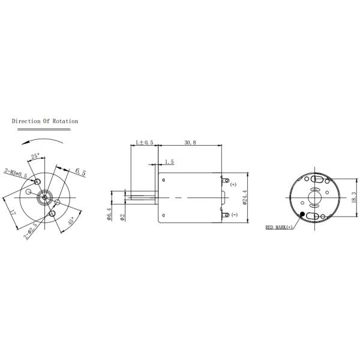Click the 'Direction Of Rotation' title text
click(45, 121)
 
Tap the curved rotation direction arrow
click(40, 140)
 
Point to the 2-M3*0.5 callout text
click(16, 173)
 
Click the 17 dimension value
click(13, 212)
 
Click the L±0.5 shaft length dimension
click(144, 143)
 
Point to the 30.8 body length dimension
click(190, 143)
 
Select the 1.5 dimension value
click(169, 162)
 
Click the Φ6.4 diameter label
click(109, 214)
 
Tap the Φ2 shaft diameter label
click(122, 217)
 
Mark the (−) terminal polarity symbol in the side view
click(233, 215)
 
